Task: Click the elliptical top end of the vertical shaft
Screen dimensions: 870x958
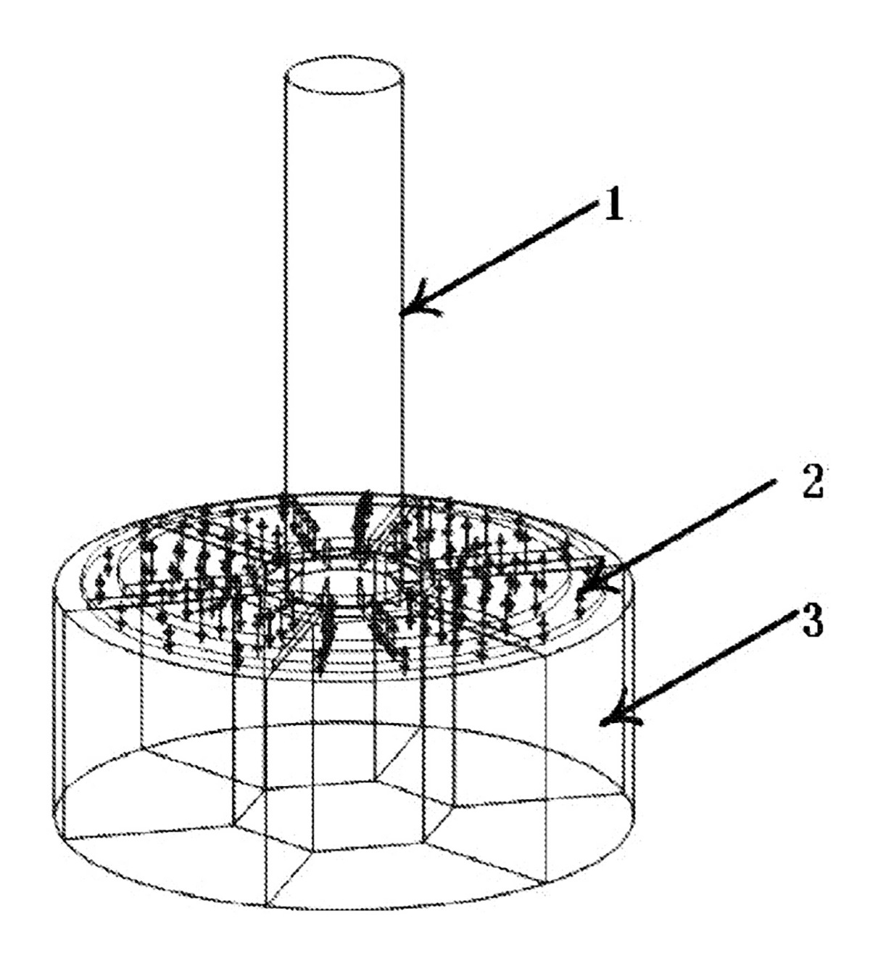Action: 344,75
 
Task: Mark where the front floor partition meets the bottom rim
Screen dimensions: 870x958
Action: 265,906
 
